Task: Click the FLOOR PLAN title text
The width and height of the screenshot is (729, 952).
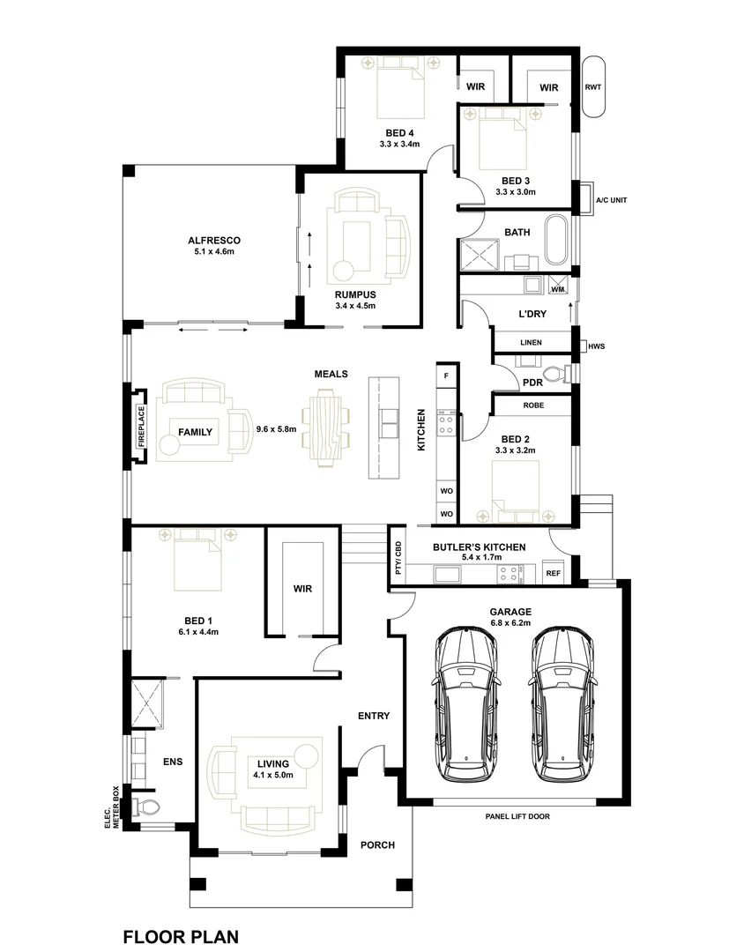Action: point(181,936)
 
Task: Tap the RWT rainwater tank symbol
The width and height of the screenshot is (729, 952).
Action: point(594,87)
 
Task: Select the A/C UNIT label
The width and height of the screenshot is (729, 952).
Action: point(610,200)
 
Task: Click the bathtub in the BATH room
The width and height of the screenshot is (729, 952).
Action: point(556,240)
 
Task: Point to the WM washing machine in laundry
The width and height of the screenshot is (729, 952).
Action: point(556,288)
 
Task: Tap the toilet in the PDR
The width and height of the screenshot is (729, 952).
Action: point(556,375)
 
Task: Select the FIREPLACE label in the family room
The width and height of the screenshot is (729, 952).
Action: point(139,425)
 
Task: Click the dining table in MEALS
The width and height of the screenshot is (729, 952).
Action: point(326,431)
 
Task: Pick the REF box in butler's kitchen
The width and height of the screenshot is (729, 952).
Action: point(554,573)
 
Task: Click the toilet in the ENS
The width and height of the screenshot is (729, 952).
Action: point(149,806)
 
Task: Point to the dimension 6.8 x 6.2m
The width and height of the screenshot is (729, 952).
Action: point(517,623)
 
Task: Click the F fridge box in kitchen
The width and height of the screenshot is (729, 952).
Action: point(447,376)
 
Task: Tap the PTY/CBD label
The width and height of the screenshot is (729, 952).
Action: point(398,558)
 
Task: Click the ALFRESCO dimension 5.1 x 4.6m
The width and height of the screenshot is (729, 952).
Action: point(214,251)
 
